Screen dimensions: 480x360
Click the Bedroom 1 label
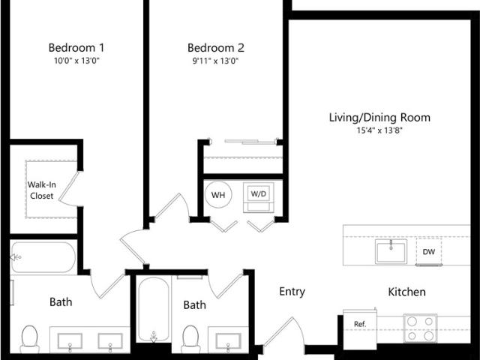pos(76,48)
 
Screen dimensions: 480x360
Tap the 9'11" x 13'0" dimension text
pos(215,61)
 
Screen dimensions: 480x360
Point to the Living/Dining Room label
pos(379,118)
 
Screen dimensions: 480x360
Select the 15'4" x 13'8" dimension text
pos(379,130)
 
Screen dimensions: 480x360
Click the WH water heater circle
pos(218,195)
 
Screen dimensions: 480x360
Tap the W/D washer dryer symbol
pos(259,197)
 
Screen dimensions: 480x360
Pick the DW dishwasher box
pos(429,252)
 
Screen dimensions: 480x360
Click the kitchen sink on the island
pos(391,251)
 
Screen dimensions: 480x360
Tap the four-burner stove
pos(420,328)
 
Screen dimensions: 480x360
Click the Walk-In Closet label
pos(42,190)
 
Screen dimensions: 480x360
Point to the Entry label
pos(292,292)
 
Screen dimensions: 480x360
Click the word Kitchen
pos(406,292)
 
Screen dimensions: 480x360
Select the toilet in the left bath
pos(30,339)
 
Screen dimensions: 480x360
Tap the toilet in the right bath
pos(190,339)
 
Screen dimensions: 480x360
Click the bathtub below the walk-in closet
pos(43,257)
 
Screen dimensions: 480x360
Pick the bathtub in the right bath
pos(153,310)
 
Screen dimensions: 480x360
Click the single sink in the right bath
pos(228,341)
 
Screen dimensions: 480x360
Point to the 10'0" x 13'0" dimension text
pos(77,61)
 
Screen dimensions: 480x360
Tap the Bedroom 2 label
pos(216,48)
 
